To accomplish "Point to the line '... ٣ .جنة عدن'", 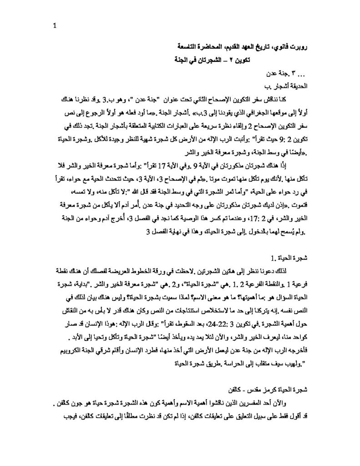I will coord(288,73).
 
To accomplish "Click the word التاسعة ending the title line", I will coord(188,47).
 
